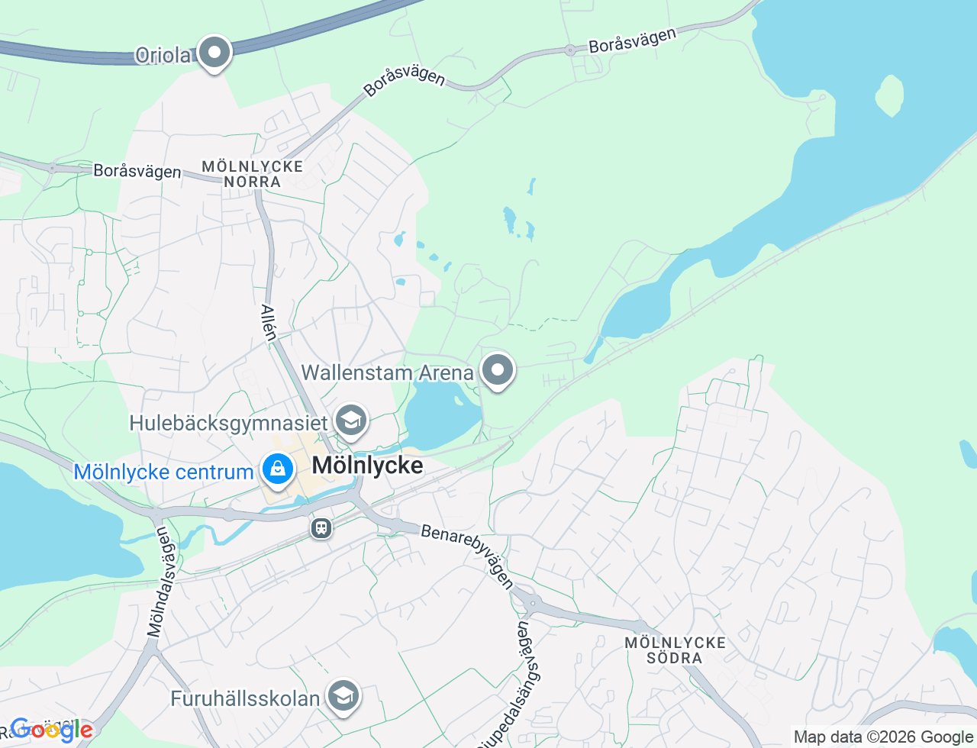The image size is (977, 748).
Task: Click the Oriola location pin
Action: click(x=214, y=53)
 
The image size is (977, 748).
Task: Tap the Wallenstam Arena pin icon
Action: click(x=498, y=370)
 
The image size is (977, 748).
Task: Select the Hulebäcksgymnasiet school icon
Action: click(x=351, y=421)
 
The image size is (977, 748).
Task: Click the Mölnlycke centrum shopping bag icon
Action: click(x=278, y=469)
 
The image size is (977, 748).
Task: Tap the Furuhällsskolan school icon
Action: click(x=343, y=695)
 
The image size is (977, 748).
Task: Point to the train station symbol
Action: click(x=321, y=527)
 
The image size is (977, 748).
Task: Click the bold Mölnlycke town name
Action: click(x=367, y=465)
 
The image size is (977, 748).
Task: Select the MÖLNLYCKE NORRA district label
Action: click(x=253, y=174)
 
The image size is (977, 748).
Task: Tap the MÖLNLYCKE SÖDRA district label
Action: click(x=675, y=650)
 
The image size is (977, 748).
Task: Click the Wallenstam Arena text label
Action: click(x=387, y=372)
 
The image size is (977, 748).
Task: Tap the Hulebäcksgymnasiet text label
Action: click(x=228, y=423)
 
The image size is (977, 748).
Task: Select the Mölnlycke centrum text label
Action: click(x=163, y=472)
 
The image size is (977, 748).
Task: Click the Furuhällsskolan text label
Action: click(x=245, y=698)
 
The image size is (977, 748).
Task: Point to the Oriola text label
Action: click(x=163, y=55)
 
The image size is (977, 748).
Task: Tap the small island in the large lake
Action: click(x=888, y=95)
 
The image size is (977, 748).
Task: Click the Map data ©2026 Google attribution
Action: click(x=883, y=737)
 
